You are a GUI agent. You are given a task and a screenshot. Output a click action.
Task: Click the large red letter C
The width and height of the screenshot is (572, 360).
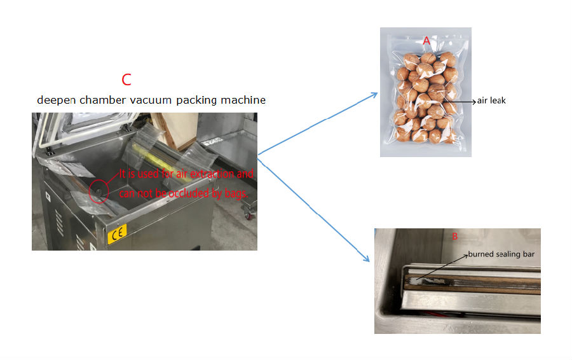[126, 80]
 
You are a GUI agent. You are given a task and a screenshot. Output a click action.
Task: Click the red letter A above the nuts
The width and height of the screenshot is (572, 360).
[426, 41]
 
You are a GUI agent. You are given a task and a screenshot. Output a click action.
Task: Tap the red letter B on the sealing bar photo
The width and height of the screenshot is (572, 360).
[454, 236]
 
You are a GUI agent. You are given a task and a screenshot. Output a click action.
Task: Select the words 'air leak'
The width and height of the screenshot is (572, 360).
[491, 100]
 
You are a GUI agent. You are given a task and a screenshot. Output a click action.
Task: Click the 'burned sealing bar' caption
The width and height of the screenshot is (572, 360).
[501, 254]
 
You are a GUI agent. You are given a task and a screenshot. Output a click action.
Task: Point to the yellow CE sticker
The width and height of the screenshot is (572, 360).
[117, 233]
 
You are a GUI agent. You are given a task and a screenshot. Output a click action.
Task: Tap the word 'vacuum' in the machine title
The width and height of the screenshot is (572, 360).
[151, 100]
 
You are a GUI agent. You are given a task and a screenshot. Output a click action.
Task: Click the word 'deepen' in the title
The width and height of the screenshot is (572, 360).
[57, 100]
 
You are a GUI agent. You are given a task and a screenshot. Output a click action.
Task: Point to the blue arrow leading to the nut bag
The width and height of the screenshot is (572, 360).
[318, 124]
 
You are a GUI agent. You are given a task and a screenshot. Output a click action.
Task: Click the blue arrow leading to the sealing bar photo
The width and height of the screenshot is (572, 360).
[314, 209]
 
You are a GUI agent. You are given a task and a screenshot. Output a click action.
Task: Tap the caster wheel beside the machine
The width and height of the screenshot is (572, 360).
[250, 214]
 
